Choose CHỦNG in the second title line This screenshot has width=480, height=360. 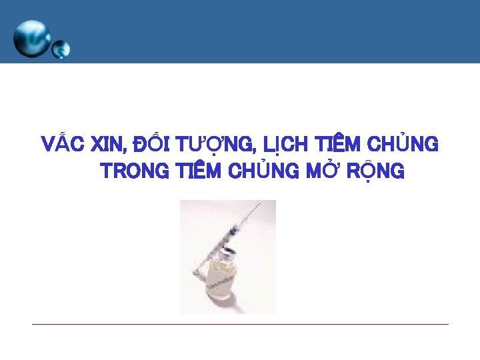click(261, 171)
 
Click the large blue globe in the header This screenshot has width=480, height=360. click(31, 38)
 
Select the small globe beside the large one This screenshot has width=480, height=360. click(61, 49)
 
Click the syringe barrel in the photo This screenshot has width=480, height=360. click(230, 233)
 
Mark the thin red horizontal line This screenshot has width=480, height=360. click(240, 325)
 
